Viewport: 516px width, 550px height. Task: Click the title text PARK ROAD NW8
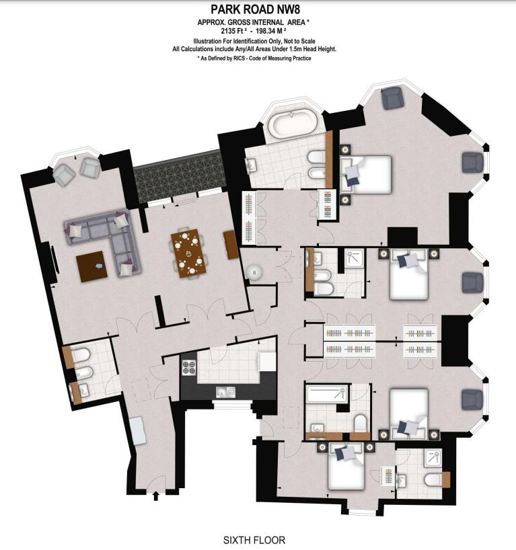click(257, 9)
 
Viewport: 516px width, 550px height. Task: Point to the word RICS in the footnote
click(238, 58)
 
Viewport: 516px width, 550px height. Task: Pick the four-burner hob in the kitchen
click(188, 368)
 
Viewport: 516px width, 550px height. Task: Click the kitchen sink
click(223, 391)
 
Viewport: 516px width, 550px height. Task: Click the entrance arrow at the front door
click(157, 497)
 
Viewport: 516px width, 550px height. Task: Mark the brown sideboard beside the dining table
click(231, 245)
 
